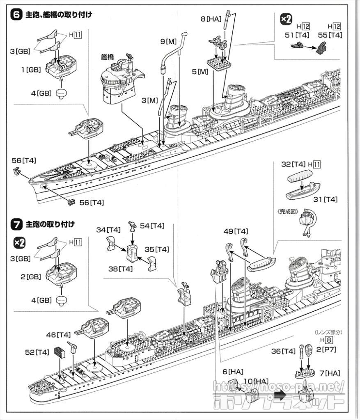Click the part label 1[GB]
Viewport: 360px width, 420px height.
(31, 70)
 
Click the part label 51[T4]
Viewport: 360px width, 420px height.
(297, 35)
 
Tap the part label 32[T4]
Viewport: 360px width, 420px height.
(294, 164)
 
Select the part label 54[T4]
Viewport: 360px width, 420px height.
(152, 226)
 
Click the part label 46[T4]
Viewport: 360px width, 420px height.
(57, 335)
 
